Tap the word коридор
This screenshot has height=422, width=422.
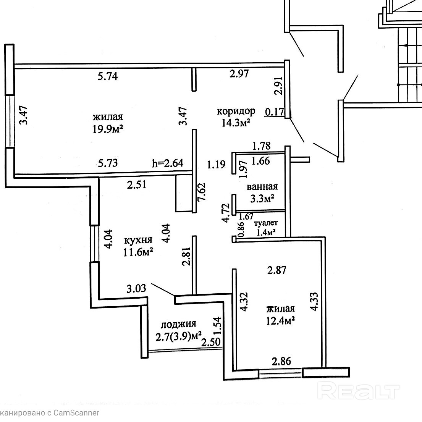pyautogui.click(x=236, y=111)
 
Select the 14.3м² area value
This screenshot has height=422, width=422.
pyautogui.click(x=236, y=123)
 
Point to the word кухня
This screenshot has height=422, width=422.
pyautogui.click(x=138, y=240)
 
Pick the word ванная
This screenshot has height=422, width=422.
pyautogui.click(x=262, y=187)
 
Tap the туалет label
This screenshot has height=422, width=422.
pyautogui.click(x=266, y=223)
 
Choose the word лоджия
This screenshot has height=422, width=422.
pyautogui.click(x=178, y=324)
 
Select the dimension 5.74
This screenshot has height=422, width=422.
pyautogui.click(x=107, y=76)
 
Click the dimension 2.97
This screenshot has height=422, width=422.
pyautogui.click(x=239, y=73)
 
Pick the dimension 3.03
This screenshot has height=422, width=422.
pyautogui.click(x=136, y=288)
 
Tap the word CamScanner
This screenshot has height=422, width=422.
pyautogui.click(x=76, y=413)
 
